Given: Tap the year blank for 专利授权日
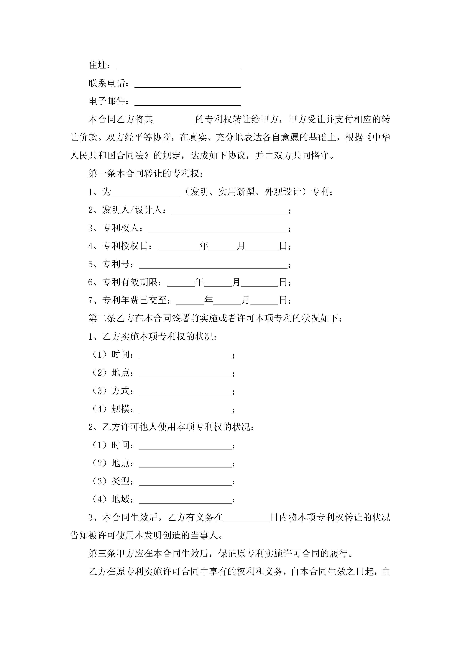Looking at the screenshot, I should [179, 247].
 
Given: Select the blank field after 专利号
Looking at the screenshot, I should [213, 265].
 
